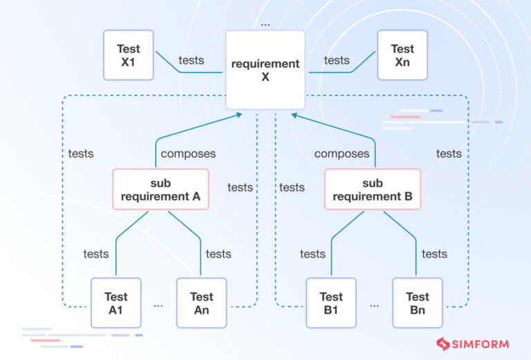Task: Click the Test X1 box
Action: pyautogui.click(x=128, y=55)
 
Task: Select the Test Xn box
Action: pyautogui.click(x=402, y=55)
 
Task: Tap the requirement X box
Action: pyautogui.click(x=265, y=70)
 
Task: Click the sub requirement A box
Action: pyautogui.click(x=160, y=189)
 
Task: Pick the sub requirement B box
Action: pyautogui.click(x=372, y=189)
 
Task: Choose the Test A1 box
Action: pyautogui.click(x=115, y=303)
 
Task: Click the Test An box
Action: pyautogui.click(x=201, y=303)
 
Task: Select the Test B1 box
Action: pyautogui.click(x=331, y=303)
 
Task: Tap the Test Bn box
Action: pyautogui.click(x=417, y=303)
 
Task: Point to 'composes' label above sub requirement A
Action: pyautogui.click(x=188, y=153)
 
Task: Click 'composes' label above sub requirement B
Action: pyautogui.click(x=342, y=153)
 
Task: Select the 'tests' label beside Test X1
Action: pyautogui.click(x=191, y=60)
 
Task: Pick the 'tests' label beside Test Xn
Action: pyautogui.click(x=337, y=60)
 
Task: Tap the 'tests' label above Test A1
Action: pyautogui.click(x=96, y=254)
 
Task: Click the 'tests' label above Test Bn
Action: pyautogui.click(x=434, y=254)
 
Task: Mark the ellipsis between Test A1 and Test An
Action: pyautogui.click(x=158, y=304)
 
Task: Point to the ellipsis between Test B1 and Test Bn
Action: pyautogui.click(x=374, y=304)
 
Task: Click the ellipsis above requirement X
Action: pyautogui.click(x=265, y=23)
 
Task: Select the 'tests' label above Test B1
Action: pyautogui.click(x=313, y=254)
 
